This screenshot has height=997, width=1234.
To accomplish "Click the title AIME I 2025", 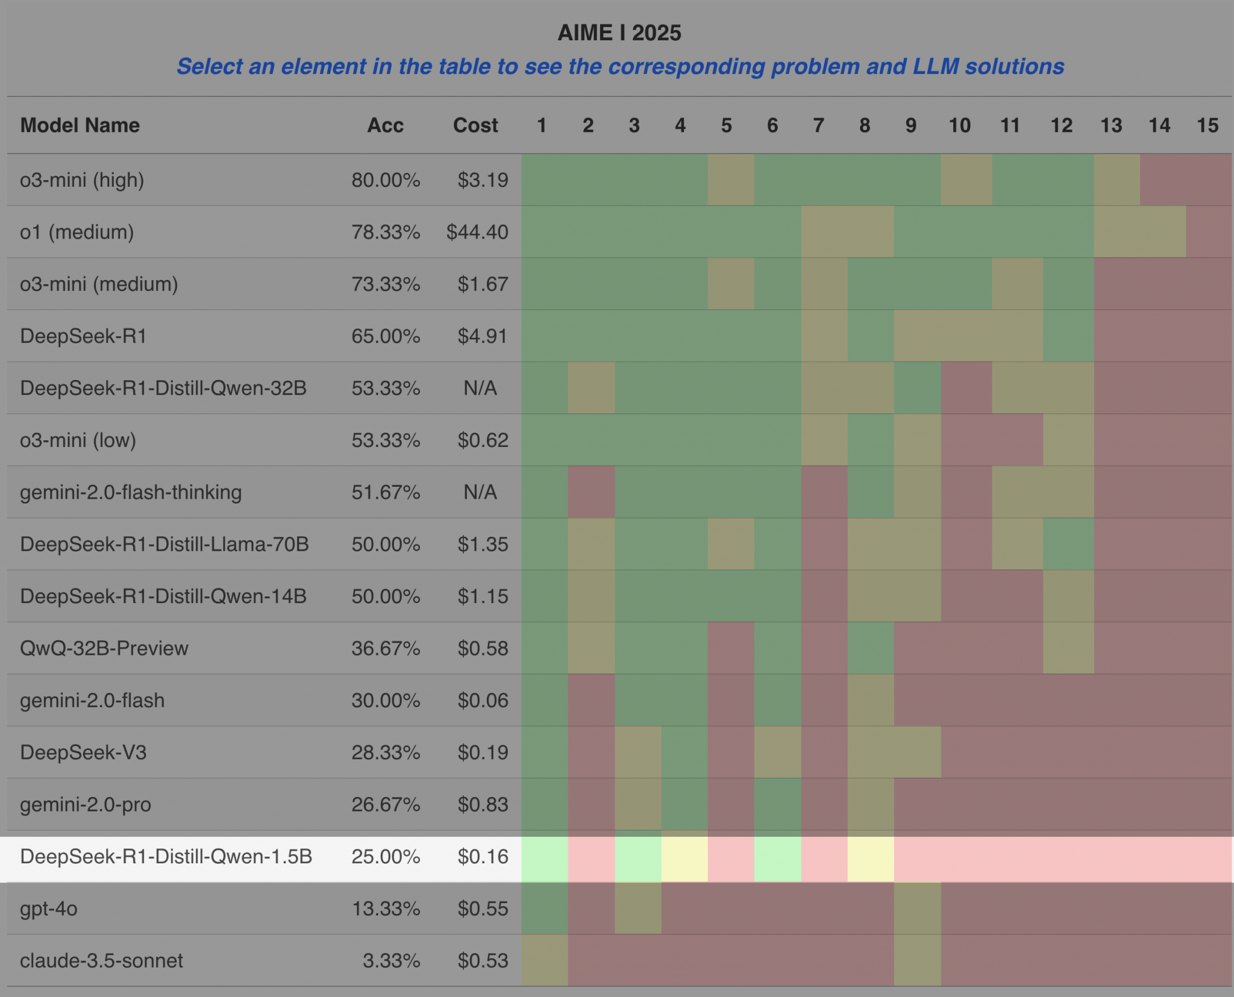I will click(x=619, y=33).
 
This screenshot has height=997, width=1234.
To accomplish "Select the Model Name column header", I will click(x=80, y=125).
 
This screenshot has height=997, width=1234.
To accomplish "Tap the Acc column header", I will click(x=386, y=125).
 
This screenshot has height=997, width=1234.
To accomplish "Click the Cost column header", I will click(x=475, y=125).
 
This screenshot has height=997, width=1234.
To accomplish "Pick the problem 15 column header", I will click(x=1207, y=125).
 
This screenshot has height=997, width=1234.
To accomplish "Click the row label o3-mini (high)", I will click(x=82, y=180).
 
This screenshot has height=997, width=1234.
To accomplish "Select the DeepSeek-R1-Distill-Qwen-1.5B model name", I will click(x=166, y=857).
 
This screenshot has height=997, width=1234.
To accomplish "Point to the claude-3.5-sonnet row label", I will click(x=101, y=960).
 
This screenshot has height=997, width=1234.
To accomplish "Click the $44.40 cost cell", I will click(x=477, y=232).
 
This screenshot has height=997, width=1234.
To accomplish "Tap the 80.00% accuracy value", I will click(x=386, y=180).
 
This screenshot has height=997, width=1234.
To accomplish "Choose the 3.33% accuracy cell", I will click(x=391, y=960).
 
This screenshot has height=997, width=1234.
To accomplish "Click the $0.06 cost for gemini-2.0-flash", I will click(x=483, y=701).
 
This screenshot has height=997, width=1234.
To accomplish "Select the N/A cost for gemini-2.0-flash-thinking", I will click(x=480, y=492).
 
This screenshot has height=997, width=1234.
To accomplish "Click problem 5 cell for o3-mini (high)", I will click(x=731, y=180).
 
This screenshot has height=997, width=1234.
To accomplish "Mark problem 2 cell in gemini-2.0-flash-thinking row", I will click(x=591, y=492).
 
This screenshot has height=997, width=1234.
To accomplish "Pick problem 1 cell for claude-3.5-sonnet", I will click(x=545, y=960).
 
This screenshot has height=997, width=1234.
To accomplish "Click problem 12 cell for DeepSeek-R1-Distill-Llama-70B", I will click(x=1068, y=544).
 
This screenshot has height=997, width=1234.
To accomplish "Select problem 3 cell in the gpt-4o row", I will click(x=638, y=908).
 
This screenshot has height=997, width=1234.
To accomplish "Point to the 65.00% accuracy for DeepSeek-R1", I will click(x=386, y=336).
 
